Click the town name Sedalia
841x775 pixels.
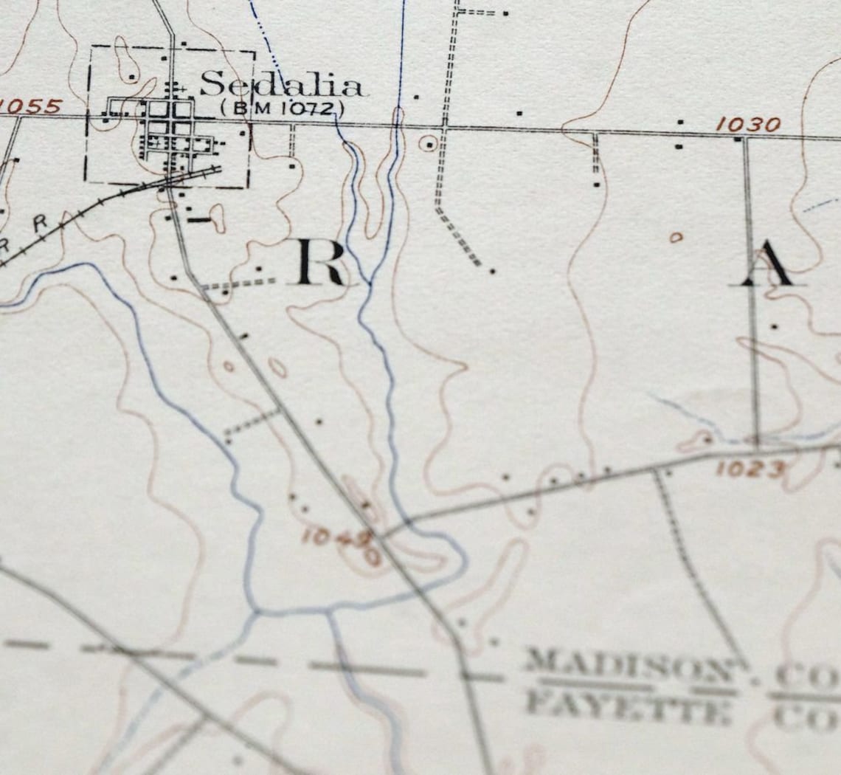[x=282, y=85]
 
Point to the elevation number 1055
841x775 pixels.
[x=31, y=106]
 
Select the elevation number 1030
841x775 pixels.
[x=747, y=125]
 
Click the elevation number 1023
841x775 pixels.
[x=749, y=469]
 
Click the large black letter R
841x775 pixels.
[x=319, y=262]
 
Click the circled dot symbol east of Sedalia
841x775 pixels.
[x=428, y=143]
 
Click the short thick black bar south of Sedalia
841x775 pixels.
[x=198, y=219]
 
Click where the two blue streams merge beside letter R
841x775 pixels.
[x=368, y=283]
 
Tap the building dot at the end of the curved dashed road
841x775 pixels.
[x=492, y=271]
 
